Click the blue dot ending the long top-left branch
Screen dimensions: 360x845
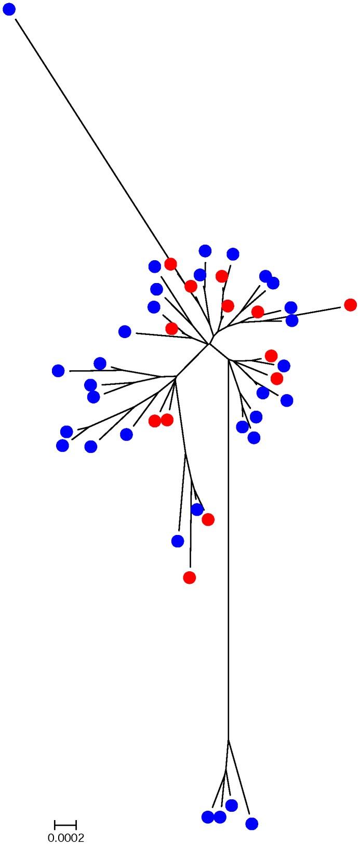click(9, 9)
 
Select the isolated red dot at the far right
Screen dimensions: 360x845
click(350, 305)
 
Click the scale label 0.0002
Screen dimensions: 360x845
click(66, 837)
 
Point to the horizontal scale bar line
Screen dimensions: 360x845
click(65, 825)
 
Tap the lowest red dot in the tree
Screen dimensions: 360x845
click(190, 577)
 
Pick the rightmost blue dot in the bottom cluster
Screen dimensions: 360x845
click(251, 823)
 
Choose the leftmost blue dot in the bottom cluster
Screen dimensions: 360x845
click(208, 817)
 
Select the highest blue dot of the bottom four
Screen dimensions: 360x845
click(231, 805)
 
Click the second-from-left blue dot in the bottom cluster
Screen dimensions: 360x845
click(220, 817)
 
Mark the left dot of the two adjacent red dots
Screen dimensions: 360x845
click(155, 421)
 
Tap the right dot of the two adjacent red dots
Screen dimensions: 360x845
click(167, 420)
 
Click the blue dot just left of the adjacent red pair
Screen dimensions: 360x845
click(126, 434)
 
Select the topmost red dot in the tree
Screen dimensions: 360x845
click(170, 264)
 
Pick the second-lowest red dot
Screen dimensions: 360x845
click(208, 519)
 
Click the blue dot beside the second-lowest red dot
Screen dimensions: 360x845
click(197, 509)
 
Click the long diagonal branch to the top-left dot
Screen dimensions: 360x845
click(94, 140)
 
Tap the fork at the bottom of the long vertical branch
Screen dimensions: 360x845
click(229, 740)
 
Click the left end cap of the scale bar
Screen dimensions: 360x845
click(55, 825)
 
